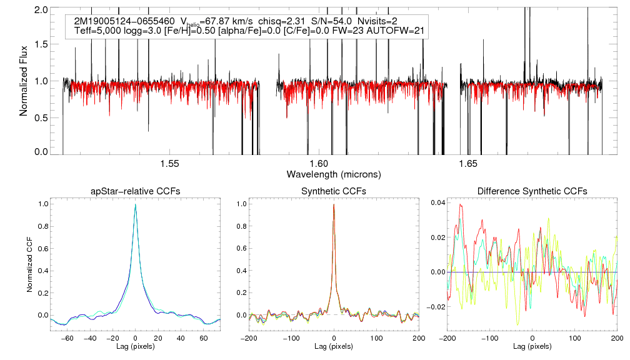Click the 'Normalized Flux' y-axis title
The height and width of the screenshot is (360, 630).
coord(24,81)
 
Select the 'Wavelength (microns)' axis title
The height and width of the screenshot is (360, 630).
coord(333,173)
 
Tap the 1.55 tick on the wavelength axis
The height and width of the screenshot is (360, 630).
coord(169,164)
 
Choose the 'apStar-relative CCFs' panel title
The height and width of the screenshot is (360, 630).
coord(136,191)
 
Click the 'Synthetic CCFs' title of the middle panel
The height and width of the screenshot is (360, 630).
coord(334,191)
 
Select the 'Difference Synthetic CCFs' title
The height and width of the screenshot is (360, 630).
coord(532,191)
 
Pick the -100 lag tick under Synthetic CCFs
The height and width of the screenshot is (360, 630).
coord(291,337)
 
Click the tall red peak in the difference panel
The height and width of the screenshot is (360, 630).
coord(461,204)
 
